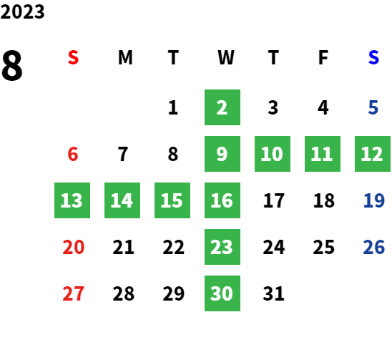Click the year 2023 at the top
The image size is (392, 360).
pyautogui.click(x=22, y=11)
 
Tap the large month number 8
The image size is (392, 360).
pyautogui.click(x=12, y=65)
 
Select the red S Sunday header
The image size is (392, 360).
pyautogui.click(x=73, y=57)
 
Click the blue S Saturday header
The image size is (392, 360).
pyautogui.click(x=373, y=57)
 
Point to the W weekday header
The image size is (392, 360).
pyautogui.click(x=226, y=57)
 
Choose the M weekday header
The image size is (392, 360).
pyautogui.click(x=125, y=57)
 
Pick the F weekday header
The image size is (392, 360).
pyautogui.click(x=323, y=57)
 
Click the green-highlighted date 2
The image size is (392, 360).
pyautogui.click(x=222, y=107)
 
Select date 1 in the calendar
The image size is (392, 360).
pyautogui.click(x=173, y=107)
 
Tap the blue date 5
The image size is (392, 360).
pyautogui.click(x=373, y=107)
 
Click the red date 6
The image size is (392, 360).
pyautogui.click(x=73, y=154)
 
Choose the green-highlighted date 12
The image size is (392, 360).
pyautogui.click(x=373, y=154)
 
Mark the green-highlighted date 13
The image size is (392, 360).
pyautogui.click(x=72, y=200)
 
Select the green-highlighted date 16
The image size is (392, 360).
pyautogui.click(x=222, y=200)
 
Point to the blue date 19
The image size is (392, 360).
pyautogui.click(x=373, y=200)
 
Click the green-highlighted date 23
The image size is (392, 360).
pyautogui.click(x=222, y=247)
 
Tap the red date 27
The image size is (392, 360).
pyautogui.click(x=73, y=293)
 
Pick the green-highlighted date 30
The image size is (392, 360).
pyautogui.click(x=222, y=293)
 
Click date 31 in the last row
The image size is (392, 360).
pyautogui.click(x=273, y=293)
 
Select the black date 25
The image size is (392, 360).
pyautogui.click(x=324, y=247)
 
